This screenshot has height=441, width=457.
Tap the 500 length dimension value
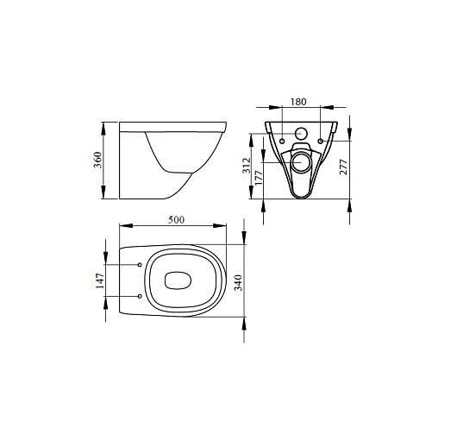coord(176,219)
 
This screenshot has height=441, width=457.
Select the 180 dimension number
coord(298,102)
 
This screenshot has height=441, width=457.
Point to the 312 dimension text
coord(247,166)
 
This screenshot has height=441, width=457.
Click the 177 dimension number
coord(259,177)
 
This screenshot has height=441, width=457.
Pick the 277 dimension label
coord(343,167)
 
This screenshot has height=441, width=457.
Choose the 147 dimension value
coord(100,280)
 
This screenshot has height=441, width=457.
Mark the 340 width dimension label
coord(238,282)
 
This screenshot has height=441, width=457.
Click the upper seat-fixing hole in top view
coord(140,265)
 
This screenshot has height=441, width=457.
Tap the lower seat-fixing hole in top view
coord(140,296)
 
